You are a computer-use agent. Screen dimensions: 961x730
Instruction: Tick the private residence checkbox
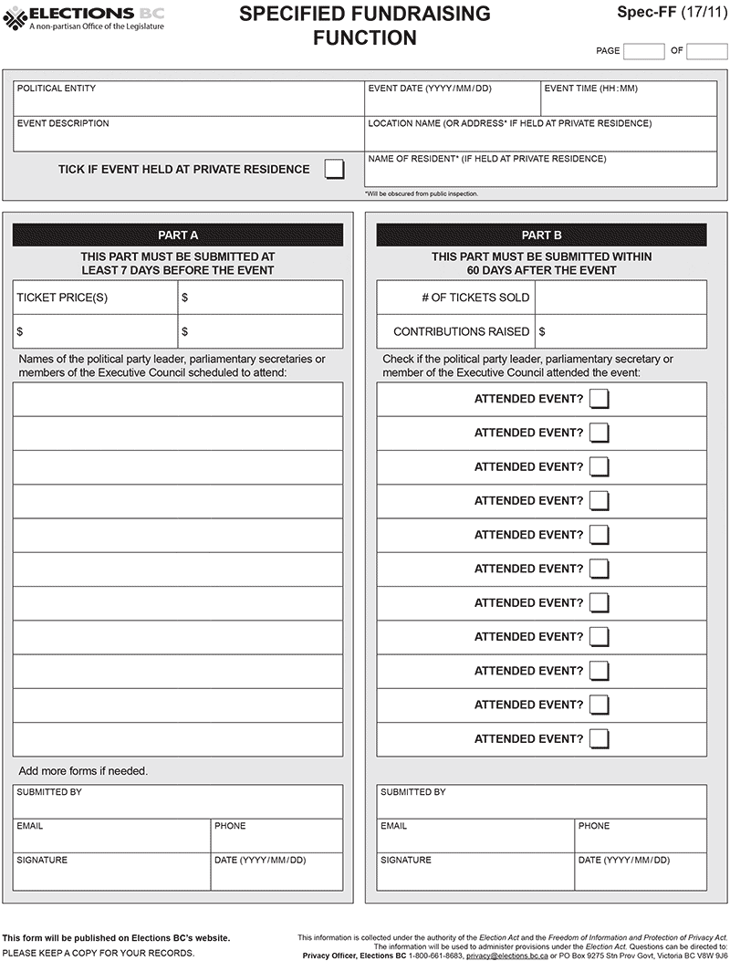(335, 169)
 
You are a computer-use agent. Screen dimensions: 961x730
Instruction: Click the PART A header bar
(178, 235)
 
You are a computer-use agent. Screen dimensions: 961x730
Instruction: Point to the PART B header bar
(541, 235)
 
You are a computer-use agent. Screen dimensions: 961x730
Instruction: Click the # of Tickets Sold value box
(620, 298)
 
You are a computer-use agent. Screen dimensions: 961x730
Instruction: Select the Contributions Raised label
(461, 331)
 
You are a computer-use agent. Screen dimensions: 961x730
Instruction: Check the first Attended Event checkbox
(599, 399)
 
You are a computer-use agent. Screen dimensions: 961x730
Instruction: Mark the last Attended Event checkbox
(599, 738)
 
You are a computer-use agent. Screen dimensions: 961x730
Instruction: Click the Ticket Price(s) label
(62, 298)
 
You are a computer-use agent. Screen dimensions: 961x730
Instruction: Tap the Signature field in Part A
(112, 873)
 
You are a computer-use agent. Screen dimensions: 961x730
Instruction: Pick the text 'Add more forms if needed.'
(83, 771)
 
